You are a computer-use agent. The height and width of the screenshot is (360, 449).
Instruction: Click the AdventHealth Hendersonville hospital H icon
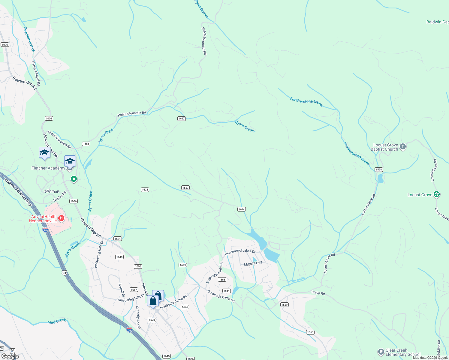pos(61,218)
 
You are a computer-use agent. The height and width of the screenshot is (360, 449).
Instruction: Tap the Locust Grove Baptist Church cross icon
pos(403,147)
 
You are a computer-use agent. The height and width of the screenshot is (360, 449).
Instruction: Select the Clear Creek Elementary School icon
pos(381,352)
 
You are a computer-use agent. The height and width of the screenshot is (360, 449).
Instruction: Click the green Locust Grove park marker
pos(437,194)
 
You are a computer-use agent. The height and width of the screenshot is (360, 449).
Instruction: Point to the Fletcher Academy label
pos(48,168)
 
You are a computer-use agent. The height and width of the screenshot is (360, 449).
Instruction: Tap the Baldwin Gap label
pos(437,22)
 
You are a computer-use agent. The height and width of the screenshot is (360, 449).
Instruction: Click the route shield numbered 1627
pos(182,118)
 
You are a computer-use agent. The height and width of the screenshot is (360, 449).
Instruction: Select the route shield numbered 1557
pos(185,188)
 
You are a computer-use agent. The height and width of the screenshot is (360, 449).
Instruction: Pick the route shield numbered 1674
pos(242,209)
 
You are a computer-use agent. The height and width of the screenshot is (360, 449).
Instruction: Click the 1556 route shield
pos(86,144)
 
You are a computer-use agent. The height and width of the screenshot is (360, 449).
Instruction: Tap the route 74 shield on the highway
pos(64,273)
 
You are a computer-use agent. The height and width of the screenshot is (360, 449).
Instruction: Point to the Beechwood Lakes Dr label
pos(240,252)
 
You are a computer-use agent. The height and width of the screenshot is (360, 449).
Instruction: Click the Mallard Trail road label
pos(253,263)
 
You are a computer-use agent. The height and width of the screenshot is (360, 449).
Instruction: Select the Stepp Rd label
pos(318,293)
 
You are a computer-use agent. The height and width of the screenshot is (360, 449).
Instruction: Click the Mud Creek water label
pos(57,321)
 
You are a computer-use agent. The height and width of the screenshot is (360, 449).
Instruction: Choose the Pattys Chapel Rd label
pos(36,73)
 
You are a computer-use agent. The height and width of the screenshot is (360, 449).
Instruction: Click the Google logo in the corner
pos(10,356)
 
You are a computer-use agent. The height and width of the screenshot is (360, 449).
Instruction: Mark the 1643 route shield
pos(183,265)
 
